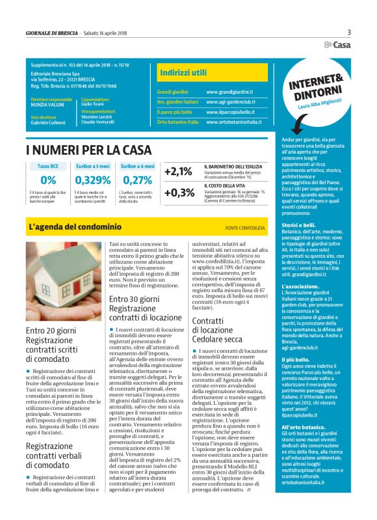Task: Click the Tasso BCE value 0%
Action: [x=48, y=180]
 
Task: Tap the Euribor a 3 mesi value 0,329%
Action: [x=93, y=180]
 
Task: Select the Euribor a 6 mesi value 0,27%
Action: [x=137, y=180]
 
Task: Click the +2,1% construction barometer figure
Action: [x=179, y=172]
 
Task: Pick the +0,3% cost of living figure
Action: [x=179, y=193]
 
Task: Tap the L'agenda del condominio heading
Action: [x=75, y=227]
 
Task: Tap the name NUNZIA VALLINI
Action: [x=48, y=103]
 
